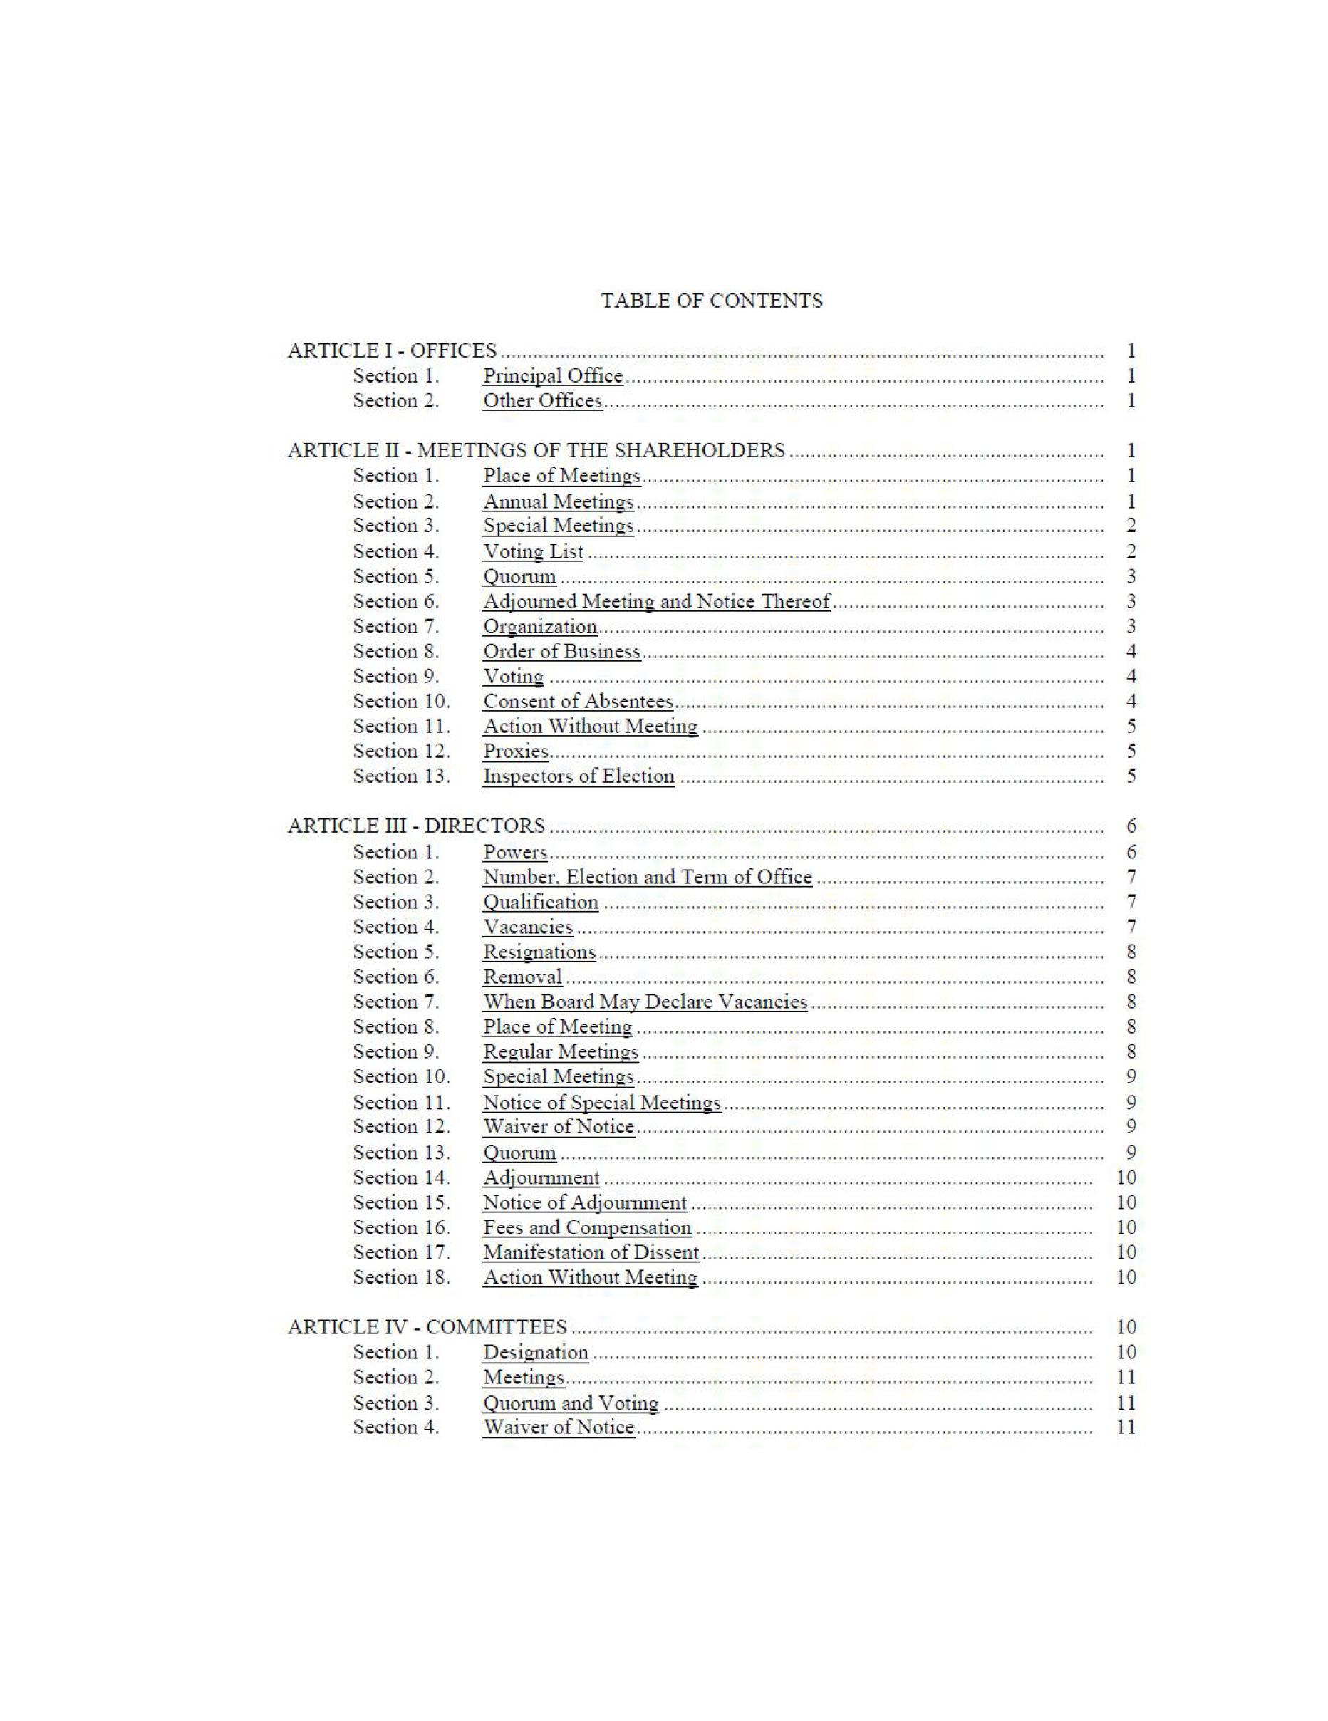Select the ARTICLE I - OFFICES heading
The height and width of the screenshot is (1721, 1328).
(x=392, y=350)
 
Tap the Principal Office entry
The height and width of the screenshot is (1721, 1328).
(x=552, y=376)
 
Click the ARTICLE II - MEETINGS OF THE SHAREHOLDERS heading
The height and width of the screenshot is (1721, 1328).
(x=536, y=450)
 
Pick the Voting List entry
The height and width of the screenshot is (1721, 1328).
(x=533, y=551)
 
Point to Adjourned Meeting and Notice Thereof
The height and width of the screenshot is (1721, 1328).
(x=655, y=601)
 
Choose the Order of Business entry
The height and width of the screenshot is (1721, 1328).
(x=561, y=651)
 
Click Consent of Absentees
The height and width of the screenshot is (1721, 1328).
(x=578, y=702)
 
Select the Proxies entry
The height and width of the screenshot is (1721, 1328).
(x=515, y=751)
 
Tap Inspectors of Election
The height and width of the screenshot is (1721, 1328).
(x=579, y=776)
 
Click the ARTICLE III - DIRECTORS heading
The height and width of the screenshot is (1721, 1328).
(x=416, y=826)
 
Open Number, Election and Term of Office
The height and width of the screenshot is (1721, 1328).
(x=647, y=877)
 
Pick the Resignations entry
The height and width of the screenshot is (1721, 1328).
(x=539, y=952)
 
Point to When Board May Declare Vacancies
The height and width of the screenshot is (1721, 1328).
(x=645, y=1002)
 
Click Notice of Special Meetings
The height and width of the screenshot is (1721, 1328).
(x=601, y=1103)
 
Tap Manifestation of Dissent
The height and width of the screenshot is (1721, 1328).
(x=591, y=1252)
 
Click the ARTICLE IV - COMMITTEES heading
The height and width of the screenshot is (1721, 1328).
(x=426, y=1327)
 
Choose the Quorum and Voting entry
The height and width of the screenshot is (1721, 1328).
(x=571, y=1403)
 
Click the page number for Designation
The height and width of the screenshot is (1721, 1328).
(x=1126, y=1352)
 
